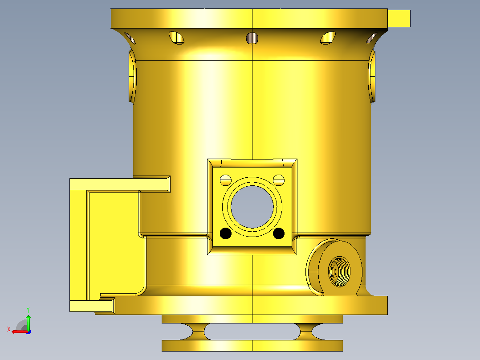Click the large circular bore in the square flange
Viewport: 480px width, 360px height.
coord(252,206)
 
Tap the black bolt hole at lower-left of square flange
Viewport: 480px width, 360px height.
coord(226,233)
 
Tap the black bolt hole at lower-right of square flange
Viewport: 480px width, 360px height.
coord(279,233)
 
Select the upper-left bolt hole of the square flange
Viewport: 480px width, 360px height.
coord(226,180)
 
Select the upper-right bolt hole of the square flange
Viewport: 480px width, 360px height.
coord(279,180)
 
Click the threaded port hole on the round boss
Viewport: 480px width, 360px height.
coord(339,271)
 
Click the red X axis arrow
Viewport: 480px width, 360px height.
coord(20,332)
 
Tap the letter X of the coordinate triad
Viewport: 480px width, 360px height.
coord(9,329)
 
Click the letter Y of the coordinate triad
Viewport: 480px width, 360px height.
coord(28,310)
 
